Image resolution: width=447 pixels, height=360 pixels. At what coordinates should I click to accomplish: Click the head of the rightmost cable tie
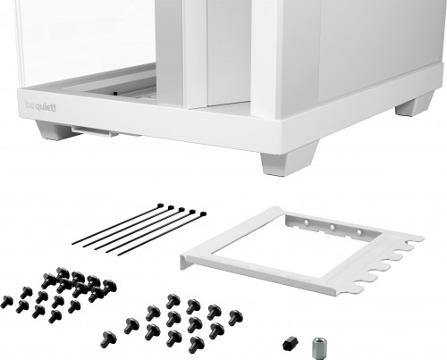(x=202, y=214)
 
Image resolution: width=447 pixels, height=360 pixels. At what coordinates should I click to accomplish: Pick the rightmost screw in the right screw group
(x=236, y=316)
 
